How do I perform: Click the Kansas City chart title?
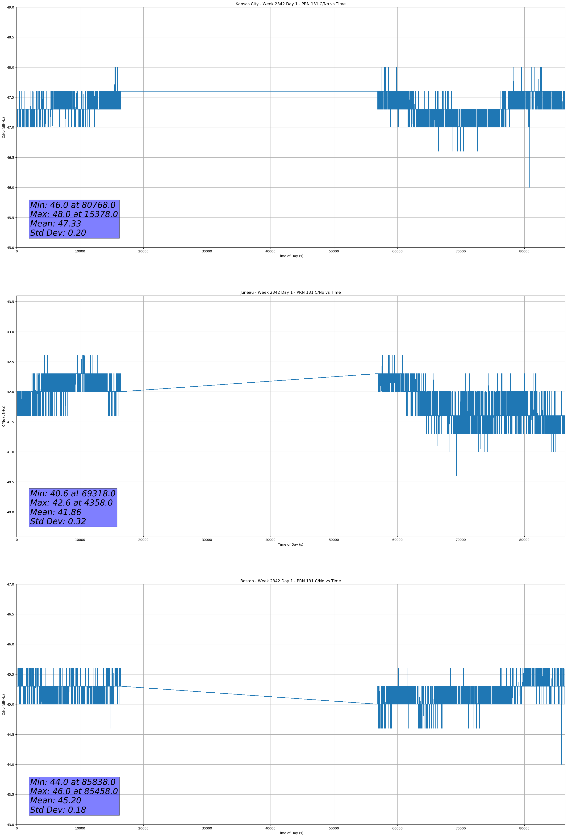[290, 4]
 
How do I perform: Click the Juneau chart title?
[290, 293]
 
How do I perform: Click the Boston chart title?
[290, 581]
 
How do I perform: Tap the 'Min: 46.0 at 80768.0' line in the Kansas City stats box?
[73, 205]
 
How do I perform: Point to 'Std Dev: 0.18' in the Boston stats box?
[58, 810]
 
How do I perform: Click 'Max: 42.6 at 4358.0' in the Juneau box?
[71, 503]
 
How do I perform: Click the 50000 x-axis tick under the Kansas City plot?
[334, 251]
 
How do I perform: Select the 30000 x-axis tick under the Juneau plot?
[207, 540]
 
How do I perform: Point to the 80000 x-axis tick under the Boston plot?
[524, 828]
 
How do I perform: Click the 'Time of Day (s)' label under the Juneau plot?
[290, 544]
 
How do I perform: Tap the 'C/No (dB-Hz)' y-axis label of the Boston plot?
[4, 704]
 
